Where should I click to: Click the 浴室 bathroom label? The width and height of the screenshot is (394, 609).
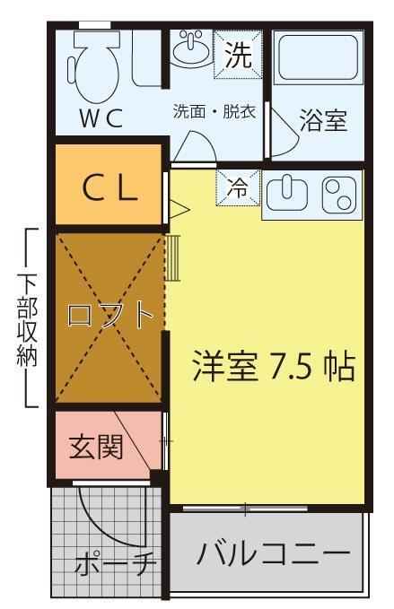(323, 121)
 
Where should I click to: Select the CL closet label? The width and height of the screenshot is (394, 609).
(109, 187)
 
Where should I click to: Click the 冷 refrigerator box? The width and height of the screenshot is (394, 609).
(237, 188)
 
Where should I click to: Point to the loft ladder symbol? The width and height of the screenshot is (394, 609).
(174, 258)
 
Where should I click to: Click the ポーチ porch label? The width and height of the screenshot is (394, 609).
(116, 564)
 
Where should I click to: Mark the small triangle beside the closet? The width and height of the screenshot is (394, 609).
(179, 209)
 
